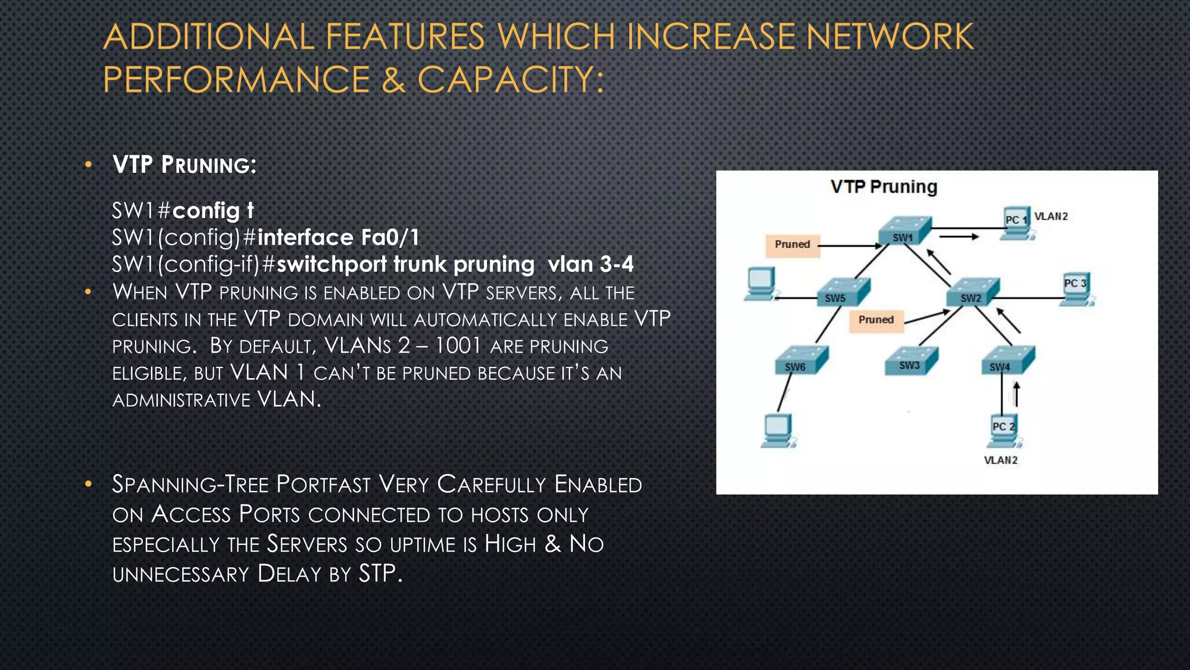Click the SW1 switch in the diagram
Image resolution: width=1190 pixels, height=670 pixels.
[904, 231]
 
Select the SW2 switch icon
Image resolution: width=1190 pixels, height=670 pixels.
[973, 292]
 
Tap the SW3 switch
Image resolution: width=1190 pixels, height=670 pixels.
[911, 360]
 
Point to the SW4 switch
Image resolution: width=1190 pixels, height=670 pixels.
[1008, 361]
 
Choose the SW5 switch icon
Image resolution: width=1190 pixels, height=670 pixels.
[843, 292]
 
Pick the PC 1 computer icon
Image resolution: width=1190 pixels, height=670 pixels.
[1018, 223]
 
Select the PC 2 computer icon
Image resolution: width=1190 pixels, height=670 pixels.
[1004, 430]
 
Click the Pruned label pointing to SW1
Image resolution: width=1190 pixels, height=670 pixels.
[793, 244]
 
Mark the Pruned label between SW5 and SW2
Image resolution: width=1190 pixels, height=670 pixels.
[876, 320]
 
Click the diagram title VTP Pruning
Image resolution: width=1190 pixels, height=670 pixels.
[884, 187]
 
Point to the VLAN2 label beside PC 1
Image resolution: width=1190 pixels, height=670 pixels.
[1051, 216]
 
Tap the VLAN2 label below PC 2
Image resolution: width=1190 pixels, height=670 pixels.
[1001, 460]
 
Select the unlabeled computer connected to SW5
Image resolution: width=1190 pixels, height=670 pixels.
[760, 284]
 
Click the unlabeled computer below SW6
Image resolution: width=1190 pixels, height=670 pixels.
[777, 430]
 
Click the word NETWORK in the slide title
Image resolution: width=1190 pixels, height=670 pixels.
[890, 37]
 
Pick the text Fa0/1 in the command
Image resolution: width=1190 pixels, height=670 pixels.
[390, 237]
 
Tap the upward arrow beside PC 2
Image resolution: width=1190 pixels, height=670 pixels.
[1016, 394]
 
